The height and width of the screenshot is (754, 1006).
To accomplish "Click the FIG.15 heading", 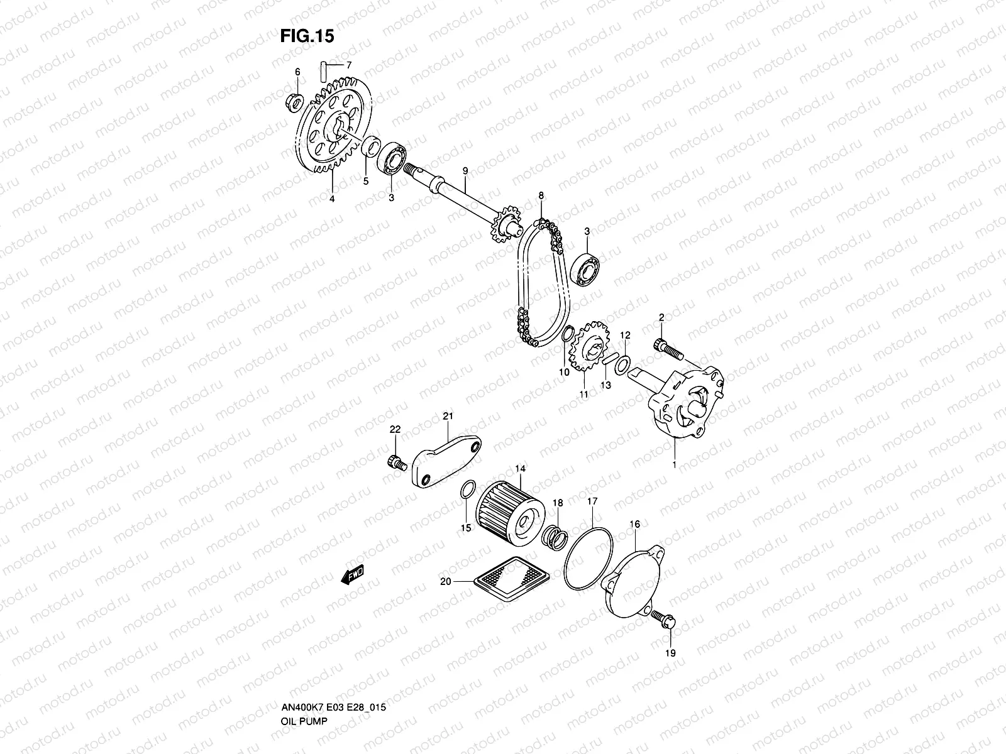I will [307, 37].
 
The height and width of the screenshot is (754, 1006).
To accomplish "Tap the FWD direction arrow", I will [353, 574].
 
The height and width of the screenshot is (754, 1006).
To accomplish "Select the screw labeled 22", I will [395, 463].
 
